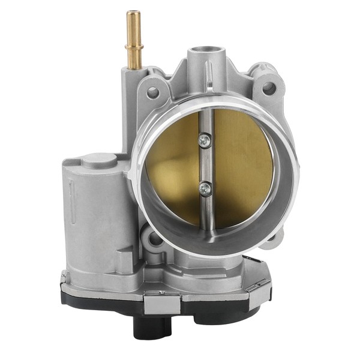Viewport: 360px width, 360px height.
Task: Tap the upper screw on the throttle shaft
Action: pos(205,140)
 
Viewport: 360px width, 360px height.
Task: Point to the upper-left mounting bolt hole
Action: pos(152,92)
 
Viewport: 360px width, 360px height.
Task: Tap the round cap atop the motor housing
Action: pos(100,160)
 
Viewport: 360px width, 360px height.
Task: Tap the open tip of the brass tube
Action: pos(133,13)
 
